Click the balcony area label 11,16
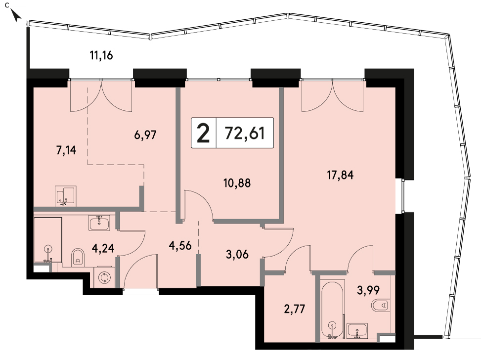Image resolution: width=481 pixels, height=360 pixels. pyautogui.click(x=101, y=55)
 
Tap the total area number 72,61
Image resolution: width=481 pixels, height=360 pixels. pyautogui.click(x=245, y=133)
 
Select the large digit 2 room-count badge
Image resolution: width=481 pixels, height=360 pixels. pyautogui.click(x=203, y=133)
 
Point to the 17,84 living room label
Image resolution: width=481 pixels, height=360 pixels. pyautogui.click(x=340, y=175)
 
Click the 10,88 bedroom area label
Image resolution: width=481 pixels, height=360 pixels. pyautogui.click(x=237, y=183)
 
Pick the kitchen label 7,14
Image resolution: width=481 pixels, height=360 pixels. pyautogui.click(x=66, y=150)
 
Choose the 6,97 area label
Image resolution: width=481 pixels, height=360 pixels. pyautogui.click(x=145, y=135)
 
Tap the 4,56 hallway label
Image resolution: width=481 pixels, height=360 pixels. pyautogui.click(x=180, y=246)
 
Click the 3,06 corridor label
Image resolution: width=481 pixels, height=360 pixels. pyautogui.click(x=237, y=255)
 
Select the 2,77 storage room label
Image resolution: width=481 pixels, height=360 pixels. pyautogui.click(x=295, y=309)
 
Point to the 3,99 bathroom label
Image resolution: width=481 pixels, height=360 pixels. pyautogui.click(x=368, y=290)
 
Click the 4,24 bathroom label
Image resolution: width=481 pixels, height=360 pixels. pyautogui.click(x=103, y=248)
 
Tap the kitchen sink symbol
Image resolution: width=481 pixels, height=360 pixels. pyautogui.click(x=66, y=196)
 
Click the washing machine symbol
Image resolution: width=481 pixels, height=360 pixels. pyautogui.click(x=104, y=277)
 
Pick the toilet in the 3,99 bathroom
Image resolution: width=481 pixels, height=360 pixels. pyautogui.click(x=380, y=306)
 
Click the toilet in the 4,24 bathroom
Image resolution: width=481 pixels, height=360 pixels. pyautogui.click(x=78, y=257)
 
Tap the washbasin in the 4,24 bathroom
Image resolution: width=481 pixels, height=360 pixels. pyautogui.click(x=99, y=223)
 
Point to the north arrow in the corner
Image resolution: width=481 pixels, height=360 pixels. pyautogui.click(x=16, y=15)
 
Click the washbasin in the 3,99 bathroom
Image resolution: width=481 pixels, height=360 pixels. pyautogui.click(x=357, y=331)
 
